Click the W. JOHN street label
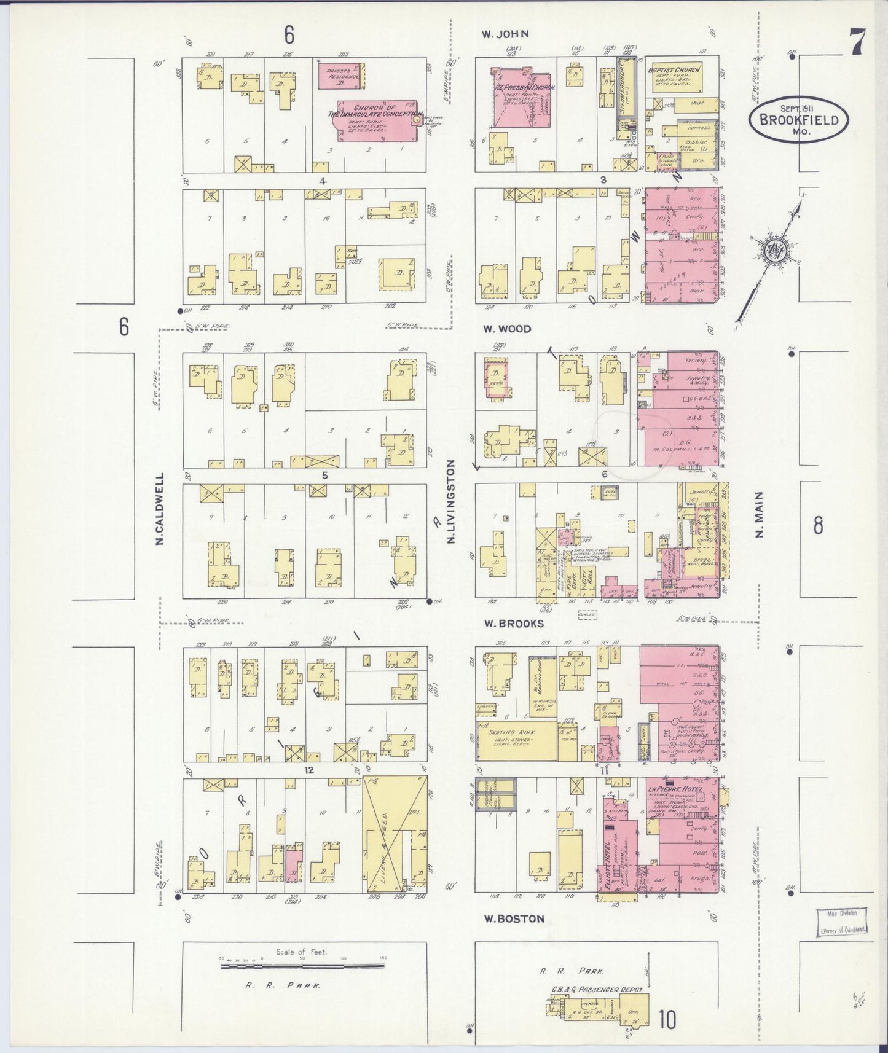tap(505, 34)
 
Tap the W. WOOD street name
tap(506, 329)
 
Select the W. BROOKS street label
tap(513, 624)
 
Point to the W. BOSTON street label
tap(513, 918)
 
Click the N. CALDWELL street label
tap(159, 509)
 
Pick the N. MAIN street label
tap(759, 514)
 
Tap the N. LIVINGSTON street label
tap(451, 502)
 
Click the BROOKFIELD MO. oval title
tap(798, 119)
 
